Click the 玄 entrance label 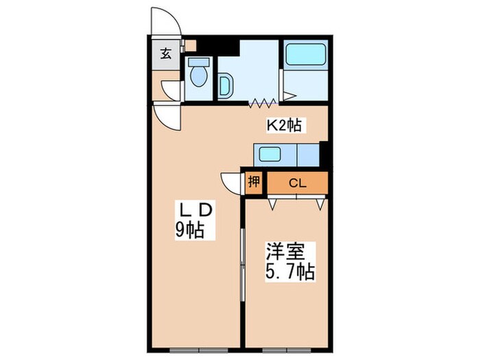tap(166, 53)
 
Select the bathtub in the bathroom tap(306, 55)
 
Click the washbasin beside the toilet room tap(226, 86)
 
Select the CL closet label tap(296, 182)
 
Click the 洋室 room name tap(282, 250)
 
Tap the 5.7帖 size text tap(289, 272)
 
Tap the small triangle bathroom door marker tap(289, 97)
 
